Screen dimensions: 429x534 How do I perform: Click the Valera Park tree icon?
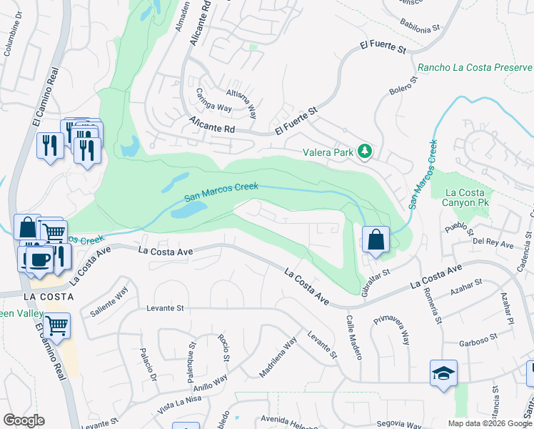click(365, 152)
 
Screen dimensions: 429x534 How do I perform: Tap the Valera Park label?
click(328, 152)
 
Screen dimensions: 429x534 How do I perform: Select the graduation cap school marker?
click(443, 373)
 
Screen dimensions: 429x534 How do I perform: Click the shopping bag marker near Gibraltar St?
click(376, 240)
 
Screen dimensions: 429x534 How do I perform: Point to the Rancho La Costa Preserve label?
click(473, 68)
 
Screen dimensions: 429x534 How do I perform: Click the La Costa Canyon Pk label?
click(465, 198)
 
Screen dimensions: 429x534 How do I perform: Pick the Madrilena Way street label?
click(278, 357)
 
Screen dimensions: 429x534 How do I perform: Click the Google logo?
click(24, 420)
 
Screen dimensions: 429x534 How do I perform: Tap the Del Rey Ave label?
click(493, 244)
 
